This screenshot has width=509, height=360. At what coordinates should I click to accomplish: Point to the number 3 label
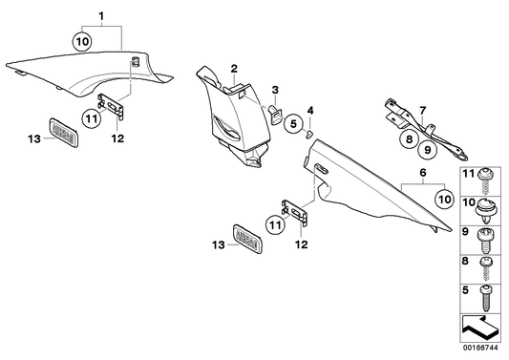tap(275, 89)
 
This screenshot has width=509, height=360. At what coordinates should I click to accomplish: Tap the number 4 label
tap(309, 110)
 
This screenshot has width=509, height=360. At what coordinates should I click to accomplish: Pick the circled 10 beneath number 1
tap(81, 41)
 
